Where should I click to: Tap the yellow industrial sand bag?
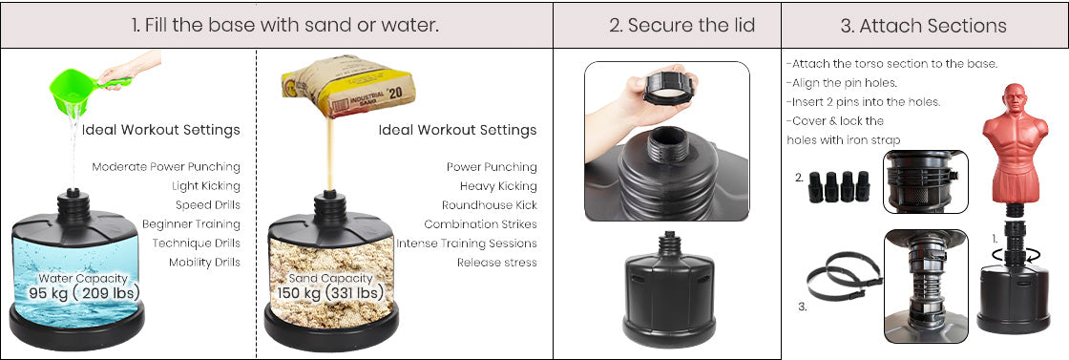pyautogui.click(x=347, y=86)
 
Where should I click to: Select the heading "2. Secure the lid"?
pyautogui.click(x=681, y=26)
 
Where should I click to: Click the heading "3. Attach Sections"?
pyautogui.click(x=923, y=26)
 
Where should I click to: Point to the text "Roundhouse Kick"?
pyautogui.click(x=489, y=205)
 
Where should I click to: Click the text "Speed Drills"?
pyautogui.click(x=207, y=205)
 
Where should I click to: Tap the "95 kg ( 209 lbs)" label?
pyautogui.click(x=84, y=293)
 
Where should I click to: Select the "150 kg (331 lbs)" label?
pyautogui.click(x=330, y=293)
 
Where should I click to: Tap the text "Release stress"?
pyautogui.click(x=497, y=263)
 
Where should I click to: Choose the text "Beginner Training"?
pyautogui.click(x=191, y=224)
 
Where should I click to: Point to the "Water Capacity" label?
pyautogui.click(x=82, y=278)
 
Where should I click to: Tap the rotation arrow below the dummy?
pyautogui.click(x=1015, y=256)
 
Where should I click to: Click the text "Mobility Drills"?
pyautogui.click(x=204, y=263)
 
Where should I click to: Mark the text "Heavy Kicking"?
pyautogui.click(x=498, y=186)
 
